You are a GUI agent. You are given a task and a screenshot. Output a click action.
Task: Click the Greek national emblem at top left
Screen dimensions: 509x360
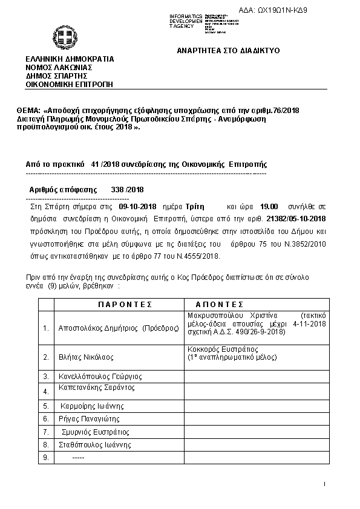coord(62,37)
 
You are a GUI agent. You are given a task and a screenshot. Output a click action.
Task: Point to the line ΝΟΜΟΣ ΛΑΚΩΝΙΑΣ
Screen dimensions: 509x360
coord(59,68)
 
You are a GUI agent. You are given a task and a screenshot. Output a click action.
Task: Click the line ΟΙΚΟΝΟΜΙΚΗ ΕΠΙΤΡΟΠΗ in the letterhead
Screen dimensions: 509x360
coord(69,85)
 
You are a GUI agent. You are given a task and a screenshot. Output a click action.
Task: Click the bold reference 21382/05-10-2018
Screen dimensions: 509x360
coord(296,219)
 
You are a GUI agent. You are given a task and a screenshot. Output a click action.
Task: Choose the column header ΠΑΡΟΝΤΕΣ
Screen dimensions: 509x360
coord(125,304)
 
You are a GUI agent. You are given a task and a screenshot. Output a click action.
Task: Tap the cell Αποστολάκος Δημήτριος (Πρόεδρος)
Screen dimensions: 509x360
coord(119,328)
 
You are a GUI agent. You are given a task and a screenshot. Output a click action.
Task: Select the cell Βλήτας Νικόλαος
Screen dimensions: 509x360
coord(86,357)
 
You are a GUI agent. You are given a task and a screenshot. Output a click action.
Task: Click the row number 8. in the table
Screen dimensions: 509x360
coord(45,445)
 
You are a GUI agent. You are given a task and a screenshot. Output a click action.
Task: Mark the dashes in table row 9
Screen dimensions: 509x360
coord(78,458)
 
